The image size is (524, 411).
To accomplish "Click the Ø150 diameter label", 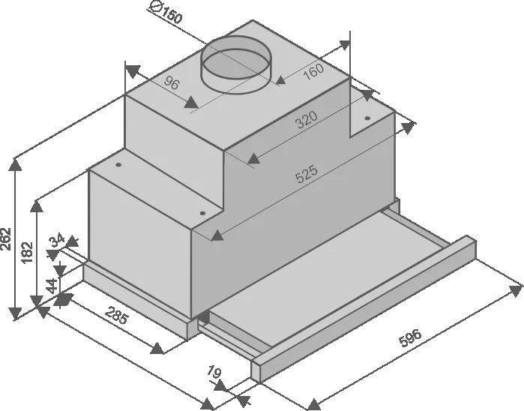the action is click(166, 12).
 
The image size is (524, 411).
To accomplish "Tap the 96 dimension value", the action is click(172, 83).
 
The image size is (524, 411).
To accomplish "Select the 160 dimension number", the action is click(313, 71).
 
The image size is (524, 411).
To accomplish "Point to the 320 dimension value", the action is click(306, 120).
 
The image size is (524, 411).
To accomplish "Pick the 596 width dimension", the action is click(410, 337).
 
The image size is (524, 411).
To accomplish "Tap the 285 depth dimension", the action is click(117, 315).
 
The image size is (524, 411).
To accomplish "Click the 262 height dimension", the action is click(6, 238).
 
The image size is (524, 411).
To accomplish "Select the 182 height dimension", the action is click(27, 252).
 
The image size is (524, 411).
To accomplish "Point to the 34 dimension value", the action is click(57, 241).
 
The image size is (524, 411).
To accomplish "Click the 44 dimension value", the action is click(52, 286).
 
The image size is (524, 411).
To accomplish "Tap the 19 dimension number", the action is click(214, 372).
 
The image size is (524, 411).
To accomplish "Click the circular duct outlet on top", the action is click(236, 64).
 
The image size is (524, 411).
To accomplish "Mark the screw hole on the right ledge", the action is click(367, 118).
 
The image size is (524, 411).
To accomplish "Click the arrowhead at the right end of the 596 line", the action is click(516, 290).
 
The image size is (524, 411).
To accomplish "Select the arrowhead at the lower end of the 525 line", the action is click(217, 235).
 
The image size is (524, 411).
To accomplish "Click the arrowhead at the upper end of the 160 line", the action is click(344, 45).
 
